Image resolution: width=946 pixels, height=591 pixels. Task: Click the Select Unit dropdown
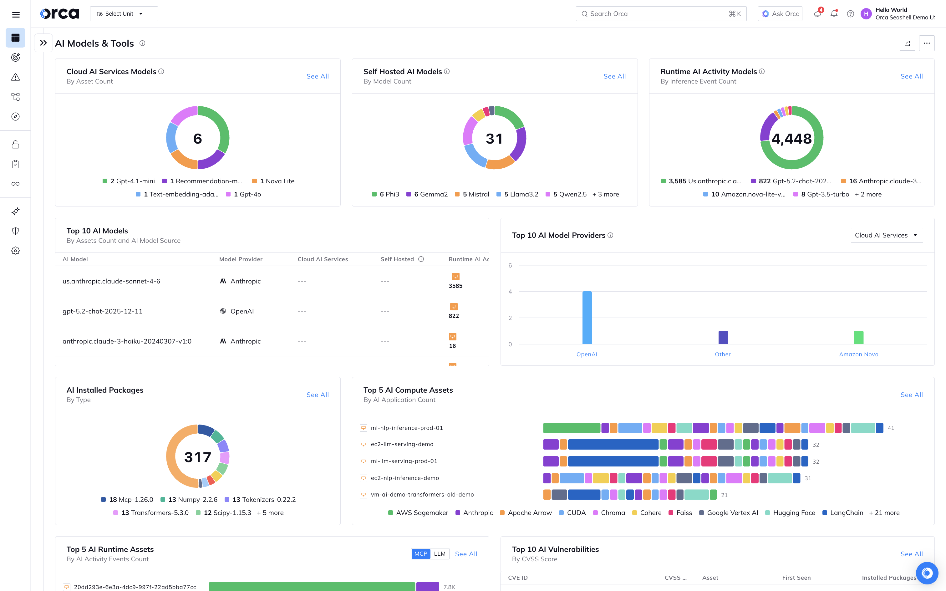point(124,14)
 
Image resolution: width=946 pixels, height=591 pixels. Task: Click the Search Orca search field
point(656,14)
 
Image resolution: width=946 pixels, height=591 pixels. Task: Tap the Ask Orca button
point(780,14)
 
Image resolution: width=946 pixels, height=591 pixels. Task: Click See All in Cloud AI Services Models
point(317,76)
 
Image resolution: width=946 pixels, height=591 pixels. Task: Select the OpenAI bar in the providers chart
point(587,317)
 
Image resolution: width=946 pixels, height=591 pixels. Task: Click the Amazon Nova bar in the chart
point(858,337)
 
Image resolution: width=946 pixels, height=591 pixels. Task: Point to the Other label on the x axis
point(723,354)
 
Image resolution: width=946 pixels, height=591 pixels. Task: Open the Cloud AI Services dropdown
point(886,235)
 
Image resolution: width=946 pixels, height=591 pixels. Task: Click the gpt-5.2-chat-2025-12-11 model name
point(102,311)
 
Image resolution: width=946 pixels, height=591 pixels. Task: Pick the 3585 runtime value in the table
point(455,286)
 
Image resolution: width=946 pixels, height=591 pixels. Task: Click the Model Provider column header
point(241,259)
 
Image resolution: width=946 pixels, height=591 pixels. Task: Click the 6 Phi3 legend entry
point(386,194)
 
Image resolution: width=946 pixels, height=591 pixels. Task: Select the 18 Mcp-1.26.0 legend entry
point(127,500)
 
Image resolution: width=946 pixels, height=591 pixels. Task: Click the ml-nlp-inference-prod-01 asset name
point(406,428)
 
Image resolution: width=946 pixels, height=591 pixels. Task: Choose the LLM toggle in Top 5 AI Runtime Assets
point(440,554)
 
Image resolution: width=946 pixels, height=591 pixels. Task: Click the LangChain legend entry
point(843,512)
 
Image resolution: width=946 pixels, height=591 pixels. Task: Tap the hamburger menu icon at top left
point(16,14)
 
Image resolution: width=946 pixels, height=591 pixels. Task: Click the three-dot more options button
point(927,43)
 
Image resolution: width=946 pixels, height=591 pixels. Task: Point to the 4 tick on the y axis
point(510,292)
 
